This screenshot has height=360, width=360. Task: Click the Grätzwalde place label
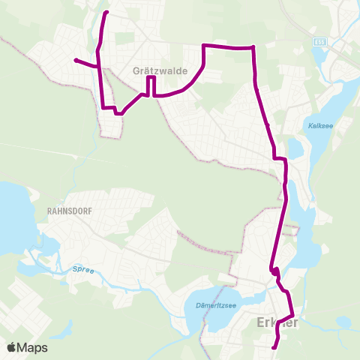click(157, 71)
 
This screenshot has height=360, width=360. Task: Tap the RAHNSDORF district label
click(70, 211)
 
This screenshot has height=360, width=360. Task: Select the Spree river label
click(83, 269)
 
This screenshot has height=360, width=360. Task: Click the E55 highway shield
click(319, 43)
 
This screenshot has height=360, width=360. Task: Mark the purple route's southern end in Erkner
click(275, 346)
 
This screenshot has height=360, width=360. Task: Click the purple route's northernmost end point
click(106, 13)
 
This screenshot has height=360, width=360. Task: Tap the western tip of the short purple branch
click(76, 60)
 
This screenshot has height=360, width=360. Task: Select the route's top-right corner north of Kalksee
click(253, 47)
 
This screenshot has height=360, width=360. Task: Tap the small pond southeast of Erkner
click(344, 323)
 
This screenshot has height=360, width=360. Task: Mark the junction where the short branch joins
click(99, 67)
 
